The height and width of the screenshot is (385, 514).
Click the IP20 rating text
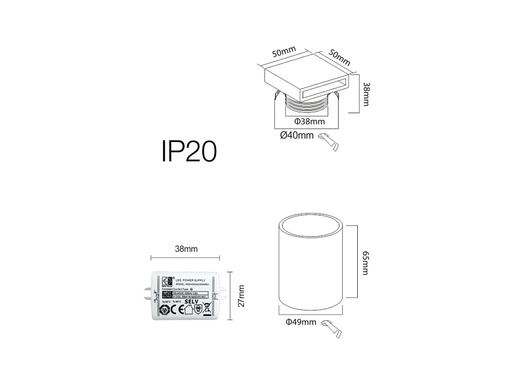tap(189, 152)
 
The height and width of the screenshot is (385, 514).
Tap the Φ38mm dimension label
tap(310, 121)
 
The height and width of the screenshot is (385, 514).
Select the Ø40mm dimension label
tap(297, 136)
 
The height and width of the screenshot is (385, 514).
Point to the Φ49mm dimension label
tap(301, 322)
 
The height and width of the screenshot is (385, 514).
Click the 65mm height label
tap(365, 262)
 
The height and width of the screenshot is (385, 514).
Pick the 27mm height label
tap(241, 296)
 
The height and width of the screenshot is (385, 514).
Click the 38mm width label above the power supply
tap(186, 249)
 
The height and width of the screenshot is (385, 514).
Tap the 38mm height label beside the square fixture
tap(365, 94)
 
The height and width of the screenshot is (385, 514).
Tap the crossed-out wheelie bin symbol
tap(206, 308)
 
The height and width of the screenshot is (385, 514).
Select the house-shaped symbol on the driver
tap(187, 310)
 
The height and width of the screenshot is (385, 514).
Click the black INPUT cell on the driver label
tap(167, 293)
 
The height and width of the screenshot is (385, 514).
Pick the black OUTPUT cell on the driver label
tap(167, 297)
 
